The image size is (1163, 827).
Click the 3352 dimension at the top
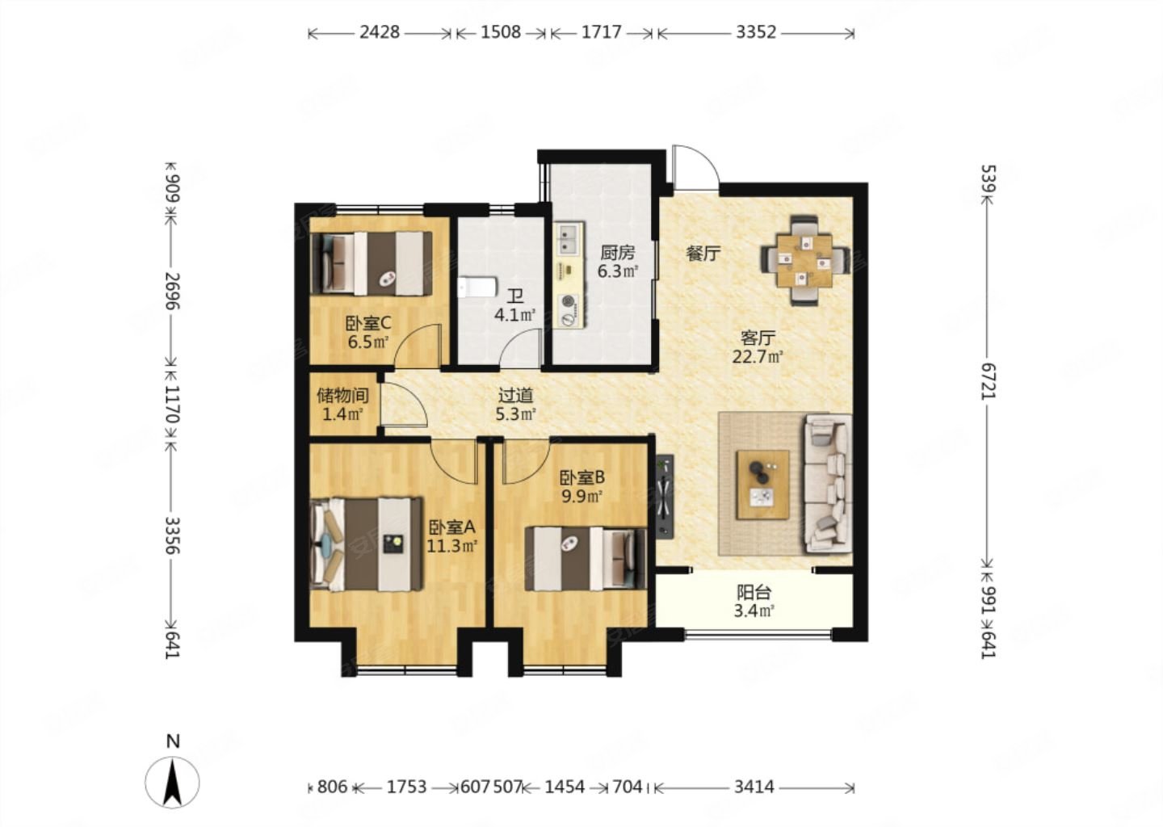(x=756, y=32)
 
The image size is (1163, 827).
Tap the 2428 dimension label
(x=380, y=32)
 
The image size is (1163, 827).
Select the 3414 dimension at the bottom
(x=754, y=787)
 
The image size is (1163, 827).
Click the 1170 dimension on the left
(x=172, y=404)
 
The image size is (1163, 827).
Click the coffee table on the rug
(x=762, y=485)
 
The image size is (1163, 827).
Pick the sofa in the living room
(x=828, y=483)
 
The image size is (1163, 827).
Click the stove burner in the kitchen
(x=569, y=300)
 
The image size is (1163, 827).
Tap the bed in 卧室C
(x=371, y=264)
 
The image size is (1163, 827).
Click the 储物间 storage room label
(x=342, y=396)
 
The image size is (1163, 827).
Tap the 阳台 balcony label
(x=754, y=592)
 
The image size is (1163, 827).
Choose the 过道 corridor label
(x=515, y=396)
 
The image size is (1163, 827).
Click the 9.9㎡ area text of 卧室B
(x=581, y=497)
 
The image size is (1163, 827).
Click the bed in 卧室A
(x=366, y=544)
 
